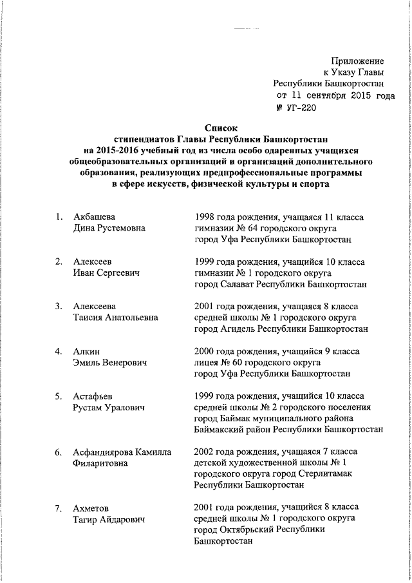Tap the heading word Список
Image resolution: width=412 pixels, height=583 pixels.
(221, 128)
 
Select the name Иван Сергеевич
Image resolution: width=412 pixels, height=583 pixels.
(106, 273)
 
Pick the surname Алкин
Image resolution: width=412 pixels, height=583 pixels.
(86, 351)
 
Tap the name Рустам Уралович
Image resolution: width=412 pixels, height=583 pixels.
(108, 408)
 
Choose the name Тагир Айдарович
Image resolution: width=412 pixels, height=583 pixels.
(109, 519)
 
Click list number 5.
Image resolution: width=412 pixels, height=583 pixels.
(58, 396)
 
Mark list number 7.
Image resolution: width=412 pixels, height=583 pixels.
(58, 508)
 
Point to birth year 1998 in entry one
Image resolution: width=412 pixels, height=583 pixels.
(205, 216)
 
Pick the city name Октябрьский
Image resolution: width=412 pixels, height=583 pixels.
(250, 530)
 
